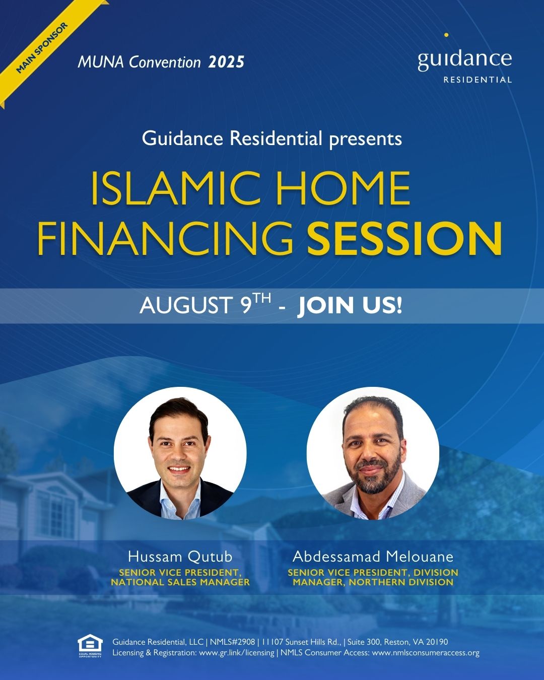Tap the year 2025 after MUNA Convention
click(226, 62)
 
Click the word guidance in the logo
click(464, 60)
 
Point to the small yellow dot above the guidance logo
click(446, 35)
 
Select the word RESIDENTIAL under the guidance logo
click(478, 80)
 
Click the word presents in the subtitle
click(365, 140)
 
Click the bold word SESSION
click(404, 239)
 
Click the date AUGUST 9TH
click(206, 305)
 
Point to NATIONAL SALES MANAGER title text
click(180, 582)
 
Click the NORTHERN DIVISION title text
click(401, 582)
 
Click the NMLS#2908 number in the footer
click(232, 642)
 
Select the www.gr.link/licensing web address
click(236, 652)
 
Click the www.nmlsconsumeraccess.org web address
click(426, 652)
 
